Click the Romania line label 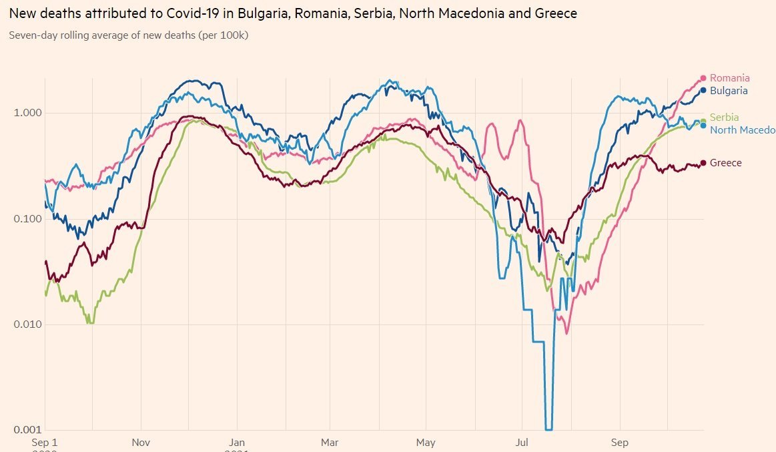coord(729,78)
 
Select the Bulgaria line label coord(729,91)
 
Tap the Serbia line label coord(724,118)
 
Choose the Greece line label coord(725,163)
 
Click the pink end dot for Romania coord(703,78)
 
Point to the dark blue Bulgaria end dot coord(703,90)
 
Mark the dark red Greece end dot coord(703,163)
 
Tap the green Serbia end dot coord(703,121)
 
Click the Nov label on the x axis coord(141,442)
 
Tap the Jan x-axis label coord(237,442)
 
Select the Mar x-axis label coord(330,442)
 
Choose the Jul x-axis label coord(522,442)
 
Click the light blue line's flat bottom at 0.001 coord(549,429)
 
